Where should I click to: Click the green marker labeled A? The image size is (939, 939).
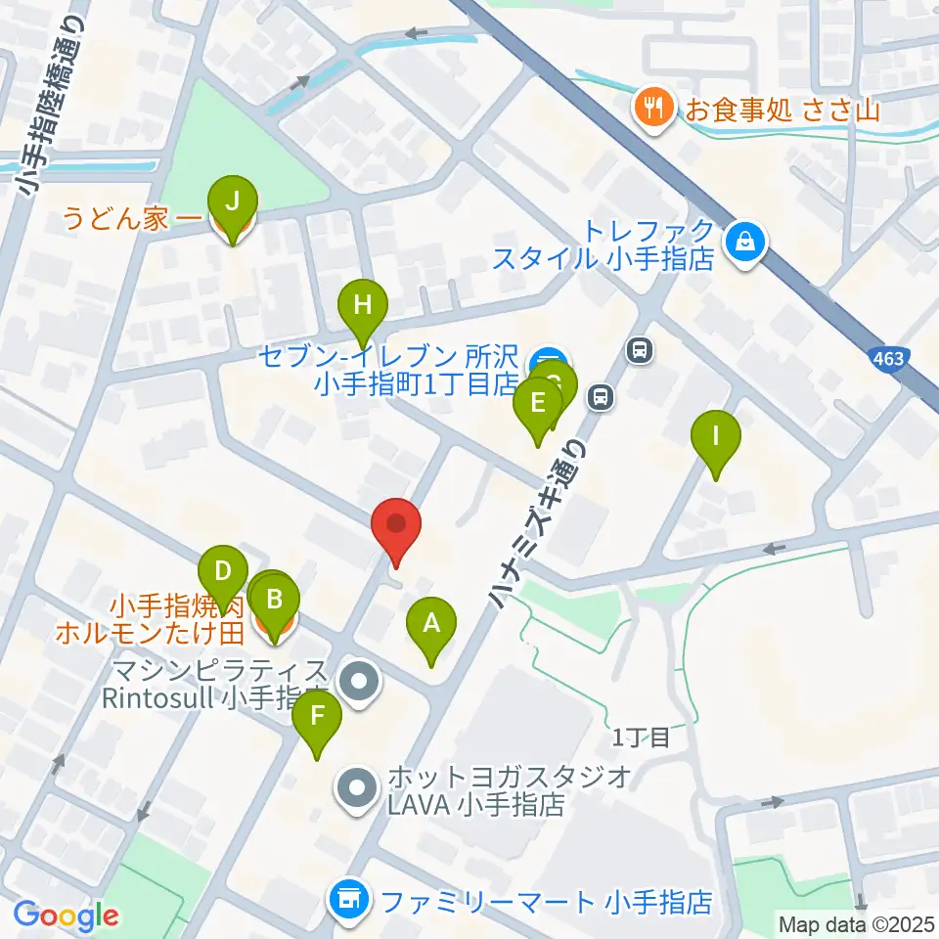[x=431, y=622]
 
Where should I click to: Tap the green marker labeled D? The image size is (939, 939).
[x=223, y=571]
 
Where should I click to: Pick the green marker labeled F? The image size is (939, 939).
[x=318, y=716]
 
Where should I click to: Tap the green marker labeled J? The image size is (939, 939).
[x=232, y=201]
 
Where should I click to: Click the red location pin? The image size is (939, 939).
[x=396, y=525]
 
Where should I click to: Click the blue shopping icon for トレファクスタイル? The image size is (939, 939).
[x=745, y=243]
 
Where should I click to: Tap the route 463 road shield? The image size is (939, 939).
[x=888, y=359]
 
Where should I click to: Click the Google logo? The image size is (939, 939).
[x=66, y=916]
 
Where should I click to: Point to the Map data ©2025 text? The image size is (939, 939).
[x=855, y=923]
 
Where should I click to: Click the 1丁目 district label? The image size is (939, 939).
[x=642, y=738]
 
